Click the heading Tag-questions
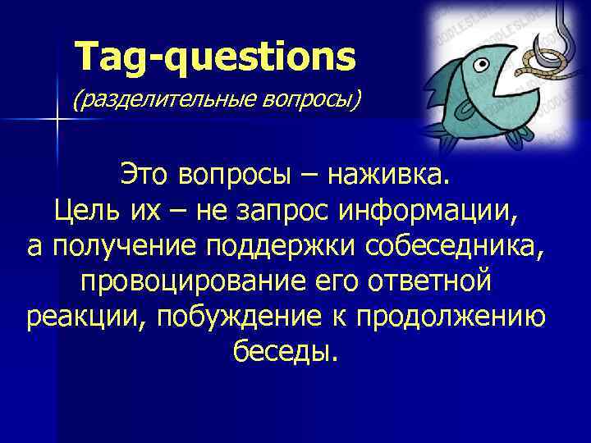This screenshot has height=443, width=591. [216, 57]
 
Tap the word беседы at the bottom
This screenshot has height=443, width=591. [284, 351]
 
